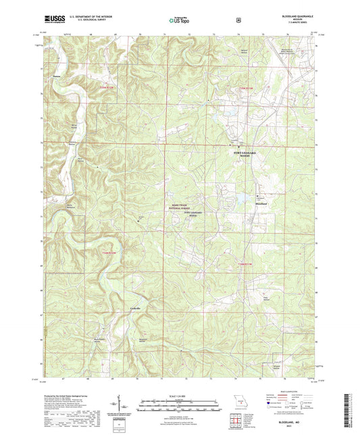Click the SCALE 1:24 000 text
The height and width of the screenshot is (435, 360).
pyautogui.click(x=180, y=395)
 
